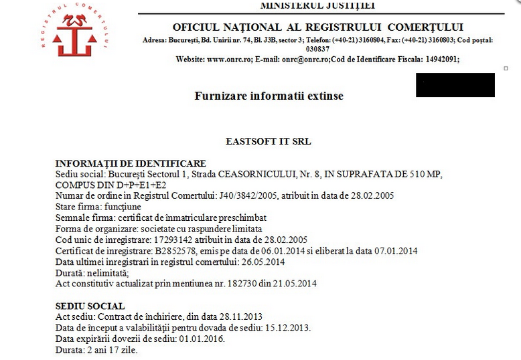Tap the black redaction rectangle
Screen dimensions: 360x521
click(455, 85)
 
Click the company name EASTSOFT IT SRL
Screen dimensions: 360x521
click(269, 142)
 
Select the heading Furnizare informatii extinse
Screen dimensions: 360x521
click(269, 96)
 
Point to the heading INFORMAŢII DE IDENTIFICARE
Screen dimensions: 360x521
click(130, 164)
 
